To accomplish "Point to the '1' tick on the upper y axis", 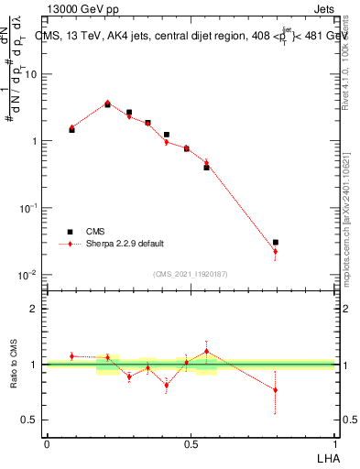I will pos(35,141).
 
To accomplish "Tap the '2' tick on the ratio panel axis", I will pos(35,309).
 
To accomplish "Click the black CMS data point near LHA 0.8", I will pos(275,242).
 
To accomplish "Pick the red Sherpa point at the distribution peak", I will pos(107,103).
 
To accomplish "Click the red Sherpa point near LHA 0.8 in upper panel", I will pos(275,251).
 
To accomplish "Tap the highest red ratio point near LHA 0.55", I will pos(206,351).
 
